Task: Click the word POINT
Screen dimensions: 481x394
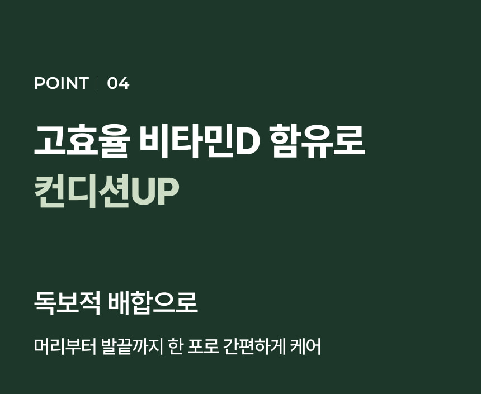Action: click(x=62, y=83)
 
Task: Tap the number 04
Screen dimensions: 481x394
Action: click(x=118, y=83)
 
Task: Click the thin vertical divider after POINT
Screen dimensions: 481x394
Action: click(x=98, y=83)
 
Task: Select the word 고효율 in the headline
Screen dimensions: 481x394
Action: click(x=82, y=141)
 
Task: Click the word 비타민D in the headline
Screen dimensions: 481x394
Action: click(x=199, y=141)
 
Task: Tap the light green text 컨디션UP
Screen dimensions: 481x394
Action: click(x=106, y=191)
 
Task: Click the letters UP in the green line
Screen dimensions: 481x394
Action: click(x=155, y=192)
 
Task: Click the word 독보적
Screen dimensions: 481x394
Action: click(x=67, y=303)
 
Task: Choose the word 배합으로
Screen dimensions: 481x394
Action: click(x=153, y=303)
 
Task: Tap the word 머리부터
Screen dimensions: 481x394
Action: click(x=65, y=347)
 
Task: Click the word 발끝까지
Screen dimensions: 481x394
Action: click(x=132, y=347)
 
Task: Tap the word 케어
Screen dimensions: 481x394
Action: click(x=305, y=347)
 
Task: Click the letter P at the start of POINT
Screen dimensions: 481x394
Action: click(x=39, y=83)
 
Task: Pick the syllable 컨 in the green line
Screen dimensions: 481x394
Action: click(x=50, y=191)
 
